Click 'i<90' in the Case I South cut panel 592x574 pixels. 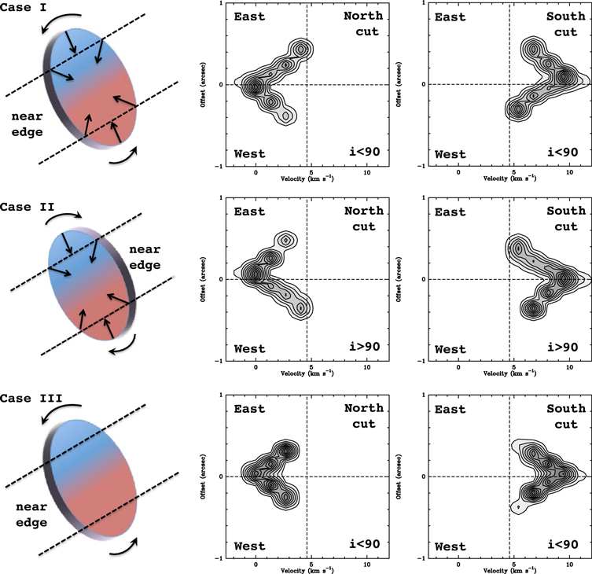click(x=564, y=152)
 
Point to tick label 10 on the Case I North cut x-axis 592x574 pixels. click(x=368, y=170)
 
